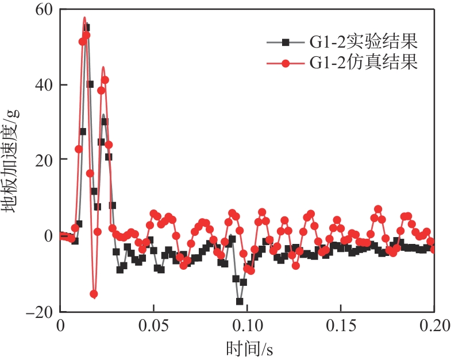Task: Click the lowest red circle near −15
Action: [x=94, y=294]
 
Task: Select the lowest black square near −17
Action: [x=240, y=301]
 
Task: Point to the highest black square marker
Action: [x=86, y=27]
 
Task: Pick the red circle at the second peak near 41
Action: [x=105, y=80]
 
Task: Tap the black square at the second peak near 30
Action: [x=104, y=121]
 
